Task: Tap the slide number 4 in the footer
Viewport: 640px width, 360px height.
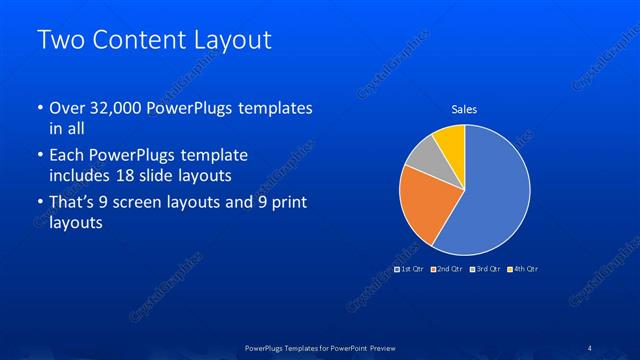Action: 589,347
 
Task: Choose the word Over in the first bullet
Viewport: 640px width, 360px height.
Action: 66,109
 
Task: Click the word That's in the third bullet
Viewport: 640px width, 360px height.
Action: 73,204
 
